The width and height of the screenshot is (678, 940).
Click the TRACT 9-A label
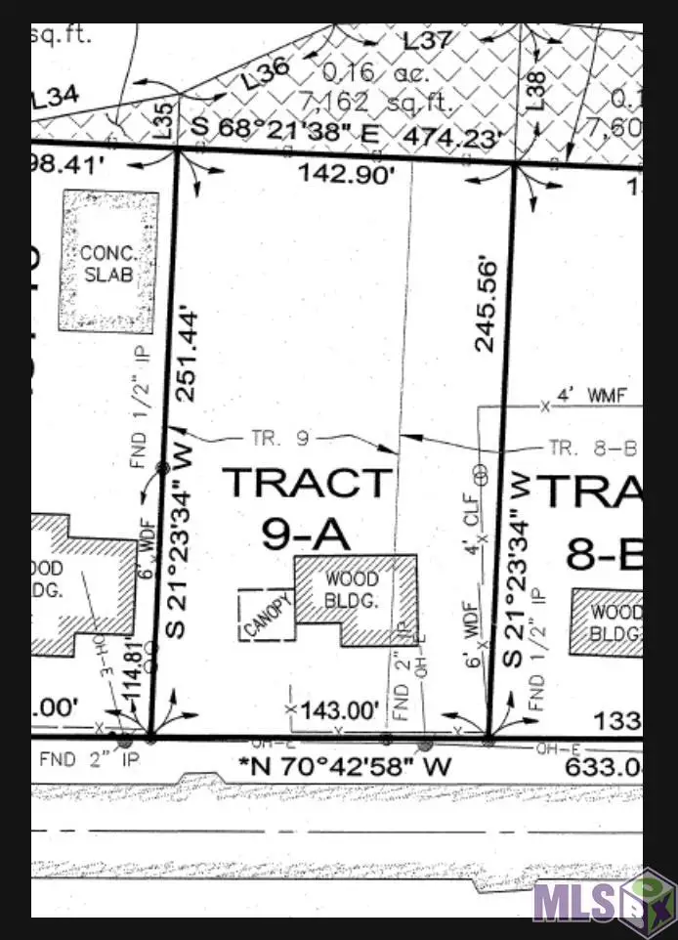(307, 507)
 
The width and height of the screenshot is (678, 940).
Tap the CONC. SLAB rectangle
(110, 259)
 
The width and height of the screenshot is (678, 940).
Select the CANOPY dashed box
(266, 615)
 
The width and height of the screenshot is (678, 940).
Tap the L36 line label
(266, 74)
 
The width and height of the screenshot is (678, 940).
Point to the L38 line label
(533, 93)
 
